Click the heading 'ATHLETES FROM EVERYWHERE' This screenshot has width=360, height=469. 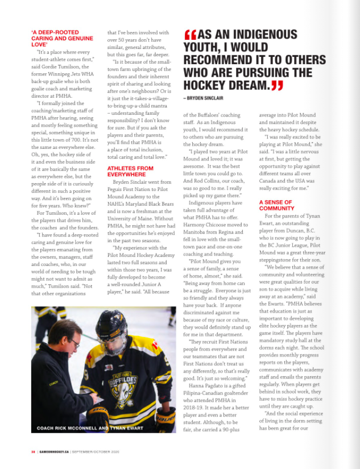tap(130, 171)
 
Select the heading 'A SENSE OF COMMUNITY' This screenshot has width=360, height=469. tap(276, 205)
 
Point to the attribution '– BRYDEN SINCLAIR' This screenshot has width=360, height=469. tap(203, 98)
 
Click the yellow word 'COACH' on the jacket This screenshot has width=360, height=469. tap(54, 383)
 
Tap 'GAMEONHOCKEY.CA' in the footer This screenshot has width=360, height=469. tap(54, 452)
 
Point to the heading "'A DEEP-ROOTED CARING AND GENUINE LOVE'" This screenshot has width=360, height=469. tap(63, 38)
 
